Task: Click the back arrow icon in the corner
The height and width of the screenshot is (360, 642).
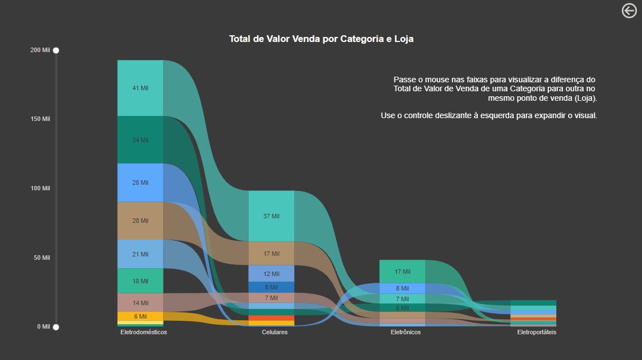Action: pos(630,11)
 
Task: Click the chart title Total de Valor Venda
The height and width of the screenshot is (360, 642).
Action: pos(321,39)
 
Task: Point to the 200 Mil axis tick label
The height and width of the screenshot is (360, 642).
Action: pos(40,50)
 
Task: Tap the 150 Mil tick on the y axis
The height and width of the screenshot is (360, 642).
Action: pos(40,119)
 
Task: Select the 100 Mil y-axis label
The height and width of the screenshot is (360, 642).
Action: pos(40,189)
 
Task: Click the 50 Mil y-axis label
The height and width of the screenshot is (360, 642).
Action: pos(42,258)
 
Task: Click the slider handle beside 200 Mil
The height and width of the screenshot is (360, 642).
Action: pos(56,50)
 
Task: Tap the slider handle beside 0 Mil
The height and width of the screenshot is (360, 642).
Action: pos(56,327)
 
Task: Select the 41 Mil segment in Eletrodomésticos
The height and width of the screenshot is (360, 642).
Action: pos(140,88)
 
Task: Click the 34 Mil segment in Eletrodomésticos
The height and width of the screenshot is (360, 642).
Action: pos(140,140)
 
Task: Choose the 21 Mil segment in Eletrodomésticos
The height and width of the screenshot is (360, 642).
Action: pos(140,254)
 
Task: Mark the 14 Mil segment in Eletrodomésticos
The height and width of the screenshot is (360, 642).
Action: pos(140,303)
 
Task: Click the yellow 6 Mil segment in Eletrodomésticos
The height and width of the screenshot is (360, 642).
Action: pos(140,316)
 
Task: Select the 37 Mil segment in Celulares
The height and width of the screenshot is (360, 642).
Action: pos(271,216)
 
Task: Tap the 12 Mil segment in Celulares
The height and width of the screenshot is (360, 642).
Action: pos(271,274)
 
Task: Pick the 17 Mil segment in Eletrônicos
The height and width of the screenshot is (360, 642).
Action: pos(402,272)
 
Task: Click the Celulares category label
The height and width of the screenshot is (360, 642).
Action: pos(275,333)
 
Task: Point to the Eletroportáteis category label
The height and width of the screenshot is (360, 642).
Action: pos(537,333)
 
